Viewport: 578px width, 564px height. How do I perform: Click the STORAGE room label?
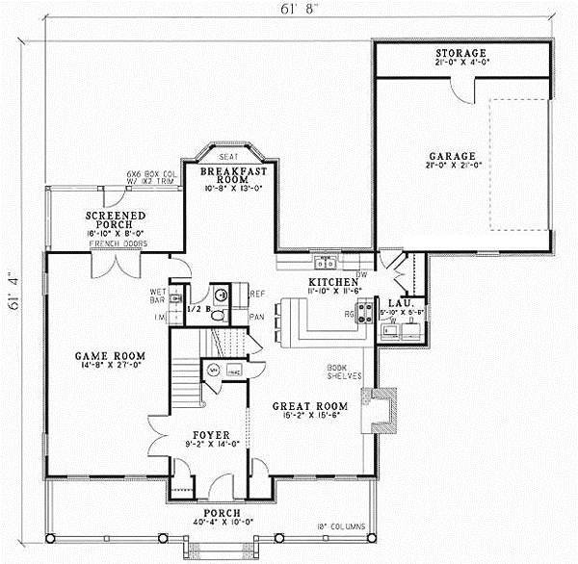(460, 52)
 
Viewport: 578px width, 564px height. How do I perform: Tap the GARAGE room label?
(461, 155)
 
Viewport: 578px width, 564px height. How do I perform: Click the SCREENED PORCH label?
(116, 220)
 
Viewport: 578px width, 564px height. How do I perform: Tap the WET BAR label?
(160, 295)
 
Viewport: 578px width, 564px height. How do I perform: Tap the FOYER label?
(208, 434)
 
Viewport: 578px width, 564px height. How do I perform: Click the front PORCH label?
(221, 513)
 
